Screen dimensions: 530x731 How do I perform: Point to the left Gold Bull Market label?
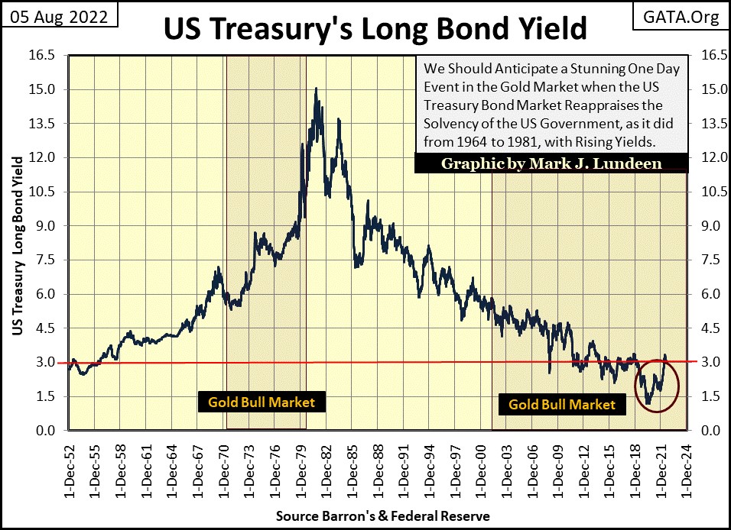[262, 401]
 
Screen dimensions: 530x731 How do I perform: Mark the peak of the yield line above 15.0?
[316, 89]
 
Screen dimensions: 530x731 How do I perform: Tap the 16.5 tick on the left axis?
[41, 56]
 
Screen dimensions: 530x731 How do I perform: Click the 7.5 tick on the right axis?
[705, 260]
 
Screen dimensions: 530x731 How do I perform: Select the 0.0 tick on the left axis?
[44, 431]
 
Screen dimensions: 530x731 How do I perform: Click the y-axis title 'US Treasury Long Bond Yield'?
[16, 244]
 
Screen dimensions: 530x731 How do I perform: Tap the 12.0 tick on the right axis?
[705, 158]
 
